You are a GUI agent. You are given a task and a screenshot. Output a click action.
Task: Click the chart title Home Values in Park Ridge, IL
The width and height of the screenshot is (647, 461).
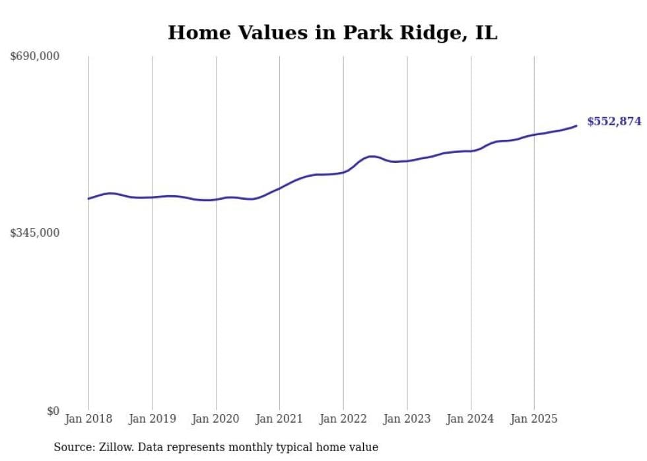click(x=332, y=32)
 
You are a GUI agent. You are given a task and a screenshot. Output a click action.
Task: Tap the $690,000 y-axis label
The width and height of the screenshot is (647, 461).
click(x=35, y=57)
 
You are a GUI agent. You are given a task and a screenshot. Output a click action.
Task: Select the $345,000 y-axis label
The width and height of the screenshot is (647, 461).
click(x=35, y=233)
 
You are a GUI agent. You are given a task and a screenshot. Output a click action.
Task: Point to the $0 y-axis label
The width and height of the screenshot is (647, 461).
click(x=53, y=411)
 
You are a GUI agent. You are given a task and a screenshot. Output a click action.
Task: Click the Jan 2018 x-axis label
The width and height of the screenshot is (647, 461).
click(x=88, y=419)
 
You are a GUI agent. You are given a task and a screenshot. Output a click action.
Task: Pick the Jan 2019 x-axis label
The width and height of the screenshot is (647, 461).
click(x=153, y=419)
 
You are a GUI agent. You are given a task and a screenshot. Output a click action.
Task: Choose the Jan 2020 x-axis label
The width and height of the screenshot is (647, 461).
click(x=216, y=419)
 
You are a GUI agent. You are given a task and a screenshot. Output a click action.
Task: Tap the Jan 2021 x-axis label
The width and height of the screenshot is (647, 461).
click(x=279, y=419)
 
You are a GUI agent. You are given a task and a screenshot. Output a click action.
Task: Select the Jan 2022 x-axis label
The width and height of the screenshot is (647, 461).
click(x=343, y=419)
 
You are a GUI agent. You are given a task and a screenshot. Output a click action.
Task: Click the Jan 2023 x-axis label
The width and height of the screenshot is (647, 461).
click(x=407, y=419)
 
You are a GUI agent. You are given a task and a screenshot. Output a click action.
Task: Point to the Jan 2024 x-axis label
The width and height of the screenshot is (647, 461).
click(x=471, y=419)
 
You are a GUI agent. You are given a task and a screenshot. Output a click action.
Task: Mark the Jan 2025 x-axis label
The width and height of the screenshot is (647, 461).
click(x=534, y=419)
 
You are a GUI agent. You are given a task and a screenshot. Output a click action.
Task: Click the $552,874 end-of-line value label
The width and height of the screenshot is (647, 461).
click(x=614, y=121)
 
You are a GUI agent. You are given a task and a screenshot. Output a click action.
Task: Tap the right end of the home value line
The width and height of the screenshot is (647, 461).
click(x=576, y=125)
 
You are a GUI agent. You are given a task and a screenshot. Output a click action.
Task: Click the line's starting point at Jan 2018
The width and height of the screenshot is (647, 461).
click(x=88, y=199)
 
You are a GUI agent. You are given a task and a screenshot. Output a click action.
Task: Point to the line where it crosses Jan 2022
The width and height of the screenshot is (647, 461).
click(x=343, y=172)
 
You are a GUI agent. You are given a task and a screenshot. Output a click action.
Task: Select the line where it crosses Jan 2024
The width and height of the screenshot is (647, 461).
click(x=471, y=151)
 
